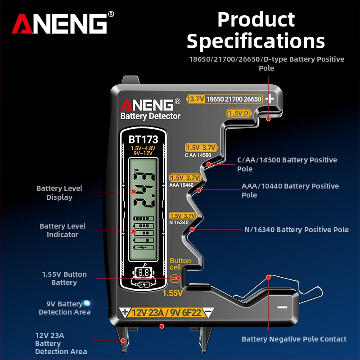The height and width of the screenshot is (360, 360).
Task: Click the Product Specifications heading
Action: [256, 31]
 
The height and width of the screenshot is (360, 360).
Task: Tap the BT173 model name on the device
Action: [143, 140]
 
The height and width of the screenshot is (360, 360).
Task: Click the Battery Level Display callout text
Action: [59, 193]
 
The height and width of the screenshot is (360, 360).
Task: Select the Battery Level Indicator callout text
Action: [62, 230]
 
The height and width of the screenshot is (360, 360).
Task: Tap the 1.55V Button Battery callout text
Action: [64, 278]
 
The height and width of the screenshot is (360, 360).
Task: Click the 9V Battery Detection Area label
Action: [65, 308]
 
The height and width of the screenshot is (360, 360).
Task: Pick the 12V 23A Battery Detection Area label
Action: [61, 343]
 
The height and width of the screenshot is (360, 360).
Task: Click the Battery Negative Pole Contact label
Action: [294, 339]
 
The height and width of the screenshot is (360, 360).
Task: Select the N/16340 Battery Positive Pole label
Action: [296, 229]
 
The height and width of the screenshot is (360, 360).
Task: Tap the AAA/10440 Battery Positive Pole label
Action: [290, 190]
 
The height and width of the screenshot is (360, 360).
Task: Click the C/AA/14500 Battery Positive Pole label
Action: [287, 164]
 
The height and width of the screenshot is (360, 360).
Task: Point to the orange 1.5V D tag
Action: [239, 113]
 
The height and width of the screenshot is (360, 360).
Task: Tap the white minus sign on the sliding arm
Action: [282, 307]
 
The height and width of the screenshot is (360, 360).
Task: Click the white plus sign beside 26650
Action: [270, 99]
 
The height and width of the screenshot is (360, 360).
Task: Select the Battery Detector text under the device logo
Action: [150, 116]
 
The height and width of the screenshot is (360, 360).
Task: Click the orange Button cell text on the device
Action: [180, 264]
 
